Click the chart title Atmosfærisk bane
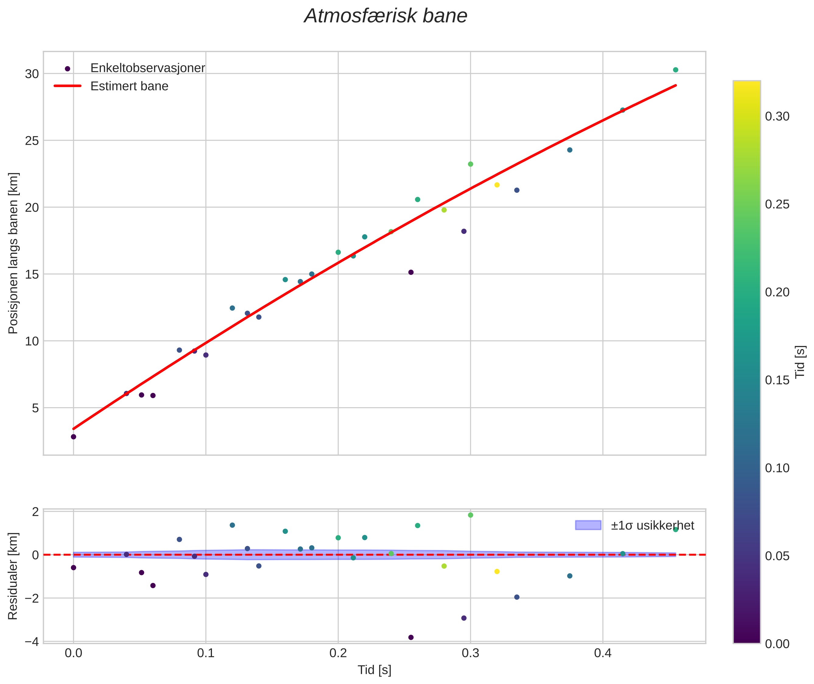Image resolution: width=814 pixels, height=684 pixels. click(386, 16)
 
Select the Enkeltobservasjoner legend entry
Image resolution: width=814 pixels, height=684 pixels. click(147, 68)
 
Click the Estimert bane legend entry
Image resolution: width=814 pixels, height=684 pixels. click(129, 86)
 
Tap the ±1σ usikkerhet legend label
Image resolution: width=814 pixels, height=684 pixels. click(652, 525)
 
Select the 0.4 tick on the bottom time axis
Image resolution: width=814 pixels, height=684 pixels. click(602, 653)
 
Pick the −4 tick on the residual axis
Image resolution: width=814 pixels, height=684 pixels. click(31, 642)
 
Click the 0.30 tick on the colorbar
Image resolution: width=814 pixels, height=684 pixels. click(777, 117)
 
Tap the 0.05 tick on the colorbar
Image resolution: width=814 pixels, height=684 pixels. click(777, 556)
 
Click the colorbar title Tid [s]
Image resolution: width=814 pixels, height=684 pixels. click(800, 362)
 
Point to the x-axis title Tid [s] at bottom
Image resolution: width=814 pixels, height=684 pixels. click(374, 670)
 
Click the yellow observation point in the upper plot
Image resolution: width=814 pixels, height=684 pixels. click(497, 185)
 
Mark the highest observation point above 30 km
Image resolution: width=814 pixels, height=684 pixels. click(675, 70)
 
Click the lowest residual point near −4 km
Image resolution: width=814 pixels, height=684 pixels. click(411, 637)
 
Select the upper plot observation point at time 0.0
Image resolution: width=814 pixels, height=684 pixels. click(73, 437)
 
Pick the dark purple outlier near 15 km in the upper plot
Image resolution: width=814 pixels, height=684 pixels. click(411, 272)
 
